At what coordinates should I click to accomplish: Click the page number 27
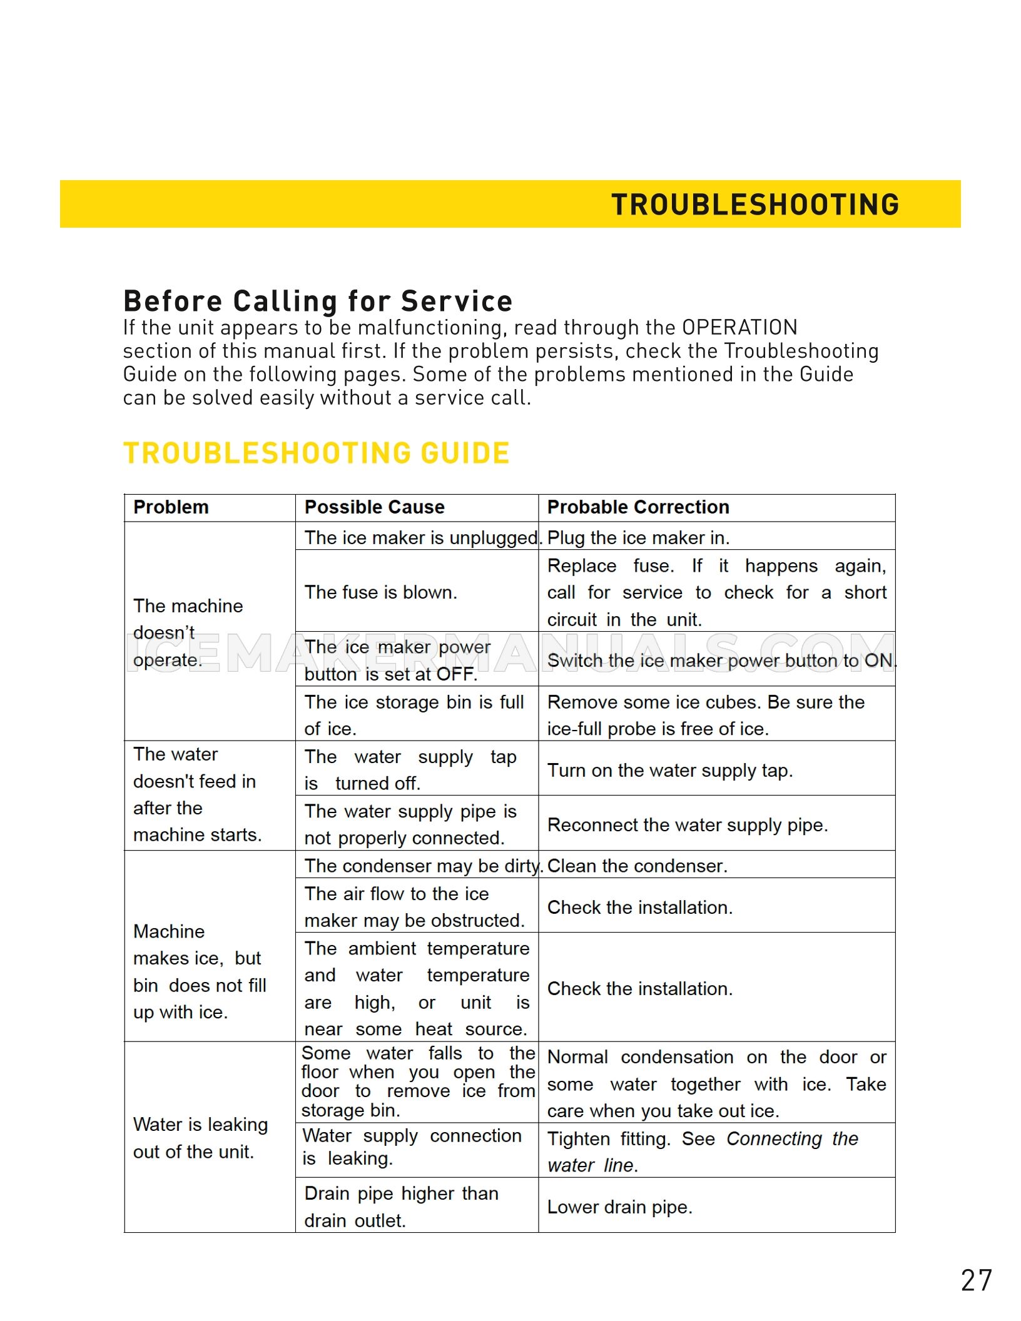976,1280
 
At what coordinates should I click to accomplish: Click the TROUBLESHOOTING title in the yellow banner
754,205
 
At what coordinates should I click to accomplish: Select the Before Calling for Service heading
318,301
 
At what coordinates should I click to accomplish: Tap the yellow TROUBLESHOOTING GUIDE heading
317,453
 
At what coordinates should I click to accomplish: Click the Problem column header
171,507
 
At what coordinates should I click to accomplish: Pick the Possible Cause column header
374,507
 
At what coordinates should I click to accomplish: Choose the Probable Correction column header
638,507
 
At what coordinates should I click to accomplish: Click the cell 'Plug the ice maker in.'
638,537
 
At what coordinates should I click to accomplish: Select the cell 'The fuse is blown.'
380,592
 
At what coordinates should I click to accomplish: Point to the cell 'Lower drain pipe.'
619,1207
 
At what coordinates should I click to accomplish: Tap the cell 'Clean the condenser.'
637,866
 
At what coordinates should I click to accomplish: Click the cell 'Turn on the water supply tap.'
669,770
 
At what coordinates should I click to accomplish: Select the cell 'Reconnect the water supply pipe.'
687,824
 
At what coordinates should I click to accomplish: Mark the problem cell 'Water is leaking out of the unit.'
200,1138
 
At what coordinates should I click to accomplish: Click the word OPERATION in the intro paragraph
739,327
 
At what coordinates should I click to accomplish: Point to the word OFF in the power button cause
455,674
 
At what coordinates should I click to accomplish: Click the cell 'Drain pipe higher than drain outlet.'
400,1207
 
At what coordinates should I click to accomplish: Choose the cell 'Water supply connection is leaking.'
411,1146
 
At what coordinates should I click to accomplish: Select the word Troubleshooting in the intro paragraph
801,351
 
